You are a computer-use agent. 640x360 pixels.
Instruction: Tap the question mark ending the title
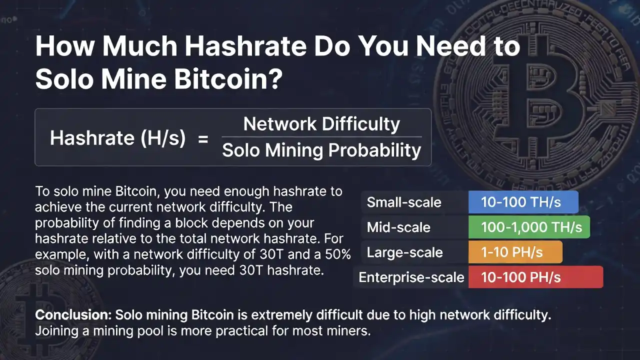click(x=275, y=79)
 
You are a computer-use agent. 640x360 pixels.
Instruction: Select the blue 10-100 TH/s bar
click(x=523, y=202)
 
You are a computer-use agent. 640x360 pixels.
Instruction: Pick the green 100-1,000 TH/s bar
click(x=529, y=227)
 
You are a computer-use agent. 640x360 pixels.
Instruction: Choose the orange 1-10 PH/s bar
click(x=515, y=252)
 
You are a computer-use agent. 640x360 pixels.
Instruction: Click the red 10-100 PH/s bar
click(x=535, y=277)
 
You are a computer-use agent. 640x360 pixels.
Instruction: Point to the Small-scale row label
click(x=404, y=202)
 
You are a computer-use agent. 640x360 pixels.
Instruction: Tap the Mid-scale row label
click(x=398, y=227)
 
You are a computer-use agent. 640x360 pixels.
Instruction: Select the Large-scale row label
click(x=404, y=252)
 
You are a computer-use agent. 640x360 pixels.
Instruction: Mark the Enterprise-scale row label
click(x=411, y=277)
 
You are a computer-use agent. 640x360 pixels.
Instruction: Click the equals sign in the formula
click(x=203, y=138)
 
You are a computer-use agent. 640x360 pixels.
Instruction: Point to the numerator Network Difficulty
click(x=321, y=124)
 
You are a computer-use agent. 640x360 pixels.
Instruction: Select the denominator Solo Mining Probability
click(x=321, y=150)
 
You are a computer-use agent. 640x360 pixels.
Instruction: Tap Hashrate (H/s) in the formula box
click(x=117, y=138)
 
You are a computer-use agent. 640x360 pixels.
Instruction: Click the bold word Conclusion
click(x=73, y=315)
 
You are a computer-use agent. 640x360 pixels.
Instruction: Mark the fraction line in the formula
click(x=321, y=137)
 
